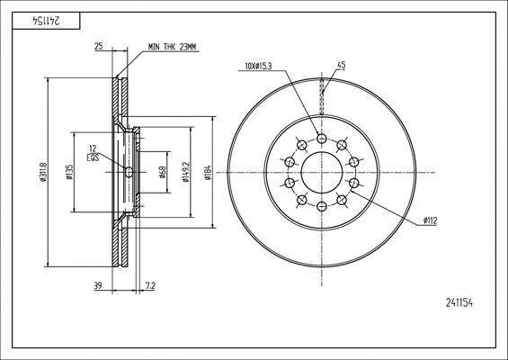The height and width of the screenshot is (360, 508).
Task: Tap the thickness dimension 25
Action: [98, 46]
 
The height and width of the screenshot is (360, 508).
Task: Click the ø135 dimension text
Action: [70, 172]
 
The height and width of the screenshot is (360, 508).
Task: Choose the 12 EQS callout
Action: [93, 153]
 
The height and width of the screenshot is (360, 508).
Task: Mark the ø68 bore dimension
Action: [162, 172]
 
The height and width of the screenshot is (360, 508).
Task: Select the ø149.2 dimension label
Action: [184, 172]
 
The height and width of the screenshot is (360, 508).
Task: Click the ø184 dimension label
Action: [209, 172]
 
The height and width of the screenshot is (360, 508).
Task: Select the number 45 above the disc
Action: [341, 64]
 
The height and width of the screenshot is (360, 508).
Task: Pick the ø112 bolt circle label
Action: [432, 220]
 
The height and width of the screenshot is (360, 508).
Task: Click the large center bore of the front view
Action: [322, 172]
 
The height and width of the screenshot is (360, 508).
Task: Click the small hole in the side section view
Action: [129, 172]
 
